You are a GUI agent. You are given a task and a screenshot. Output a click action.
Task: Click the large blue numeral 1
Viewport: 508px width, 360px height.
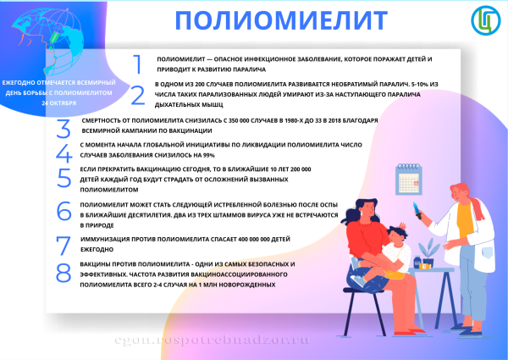[x=137, y=64]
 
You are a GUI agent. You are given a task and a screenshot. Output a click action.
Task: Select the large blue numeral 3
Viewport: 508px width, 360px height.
[x=63, y=128]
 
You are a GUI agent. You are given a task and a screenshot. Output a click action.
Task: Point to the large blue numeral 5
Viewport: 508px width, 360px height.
[x=63, y=178]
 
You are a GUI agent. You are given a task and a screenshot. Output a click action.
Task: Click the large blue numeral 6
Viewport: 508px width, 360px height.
[x=63, y=212]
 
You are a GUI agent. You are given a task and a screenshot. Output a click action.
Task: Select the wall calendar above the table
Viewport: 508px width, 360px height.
[x=410, y=180]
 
